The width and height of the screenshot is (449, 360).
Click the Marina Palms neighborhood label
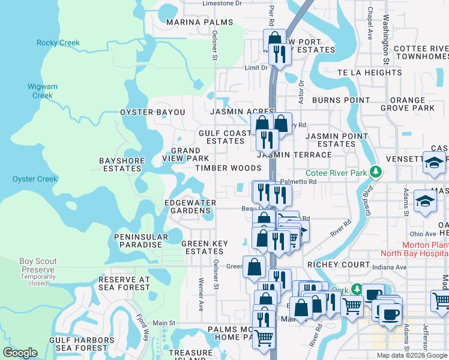point(191,22)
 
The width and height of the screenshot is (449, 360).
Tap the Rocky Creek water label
point(58,43)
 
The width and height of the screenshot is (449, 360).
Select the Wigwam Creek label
point(43,91)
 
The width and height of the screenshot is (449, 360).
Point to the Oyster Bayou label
point(152,112)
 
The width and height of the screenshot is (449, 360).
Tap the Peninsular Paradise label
point(138,241)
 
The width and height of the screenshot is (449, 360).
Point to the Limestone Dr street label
point(222,3)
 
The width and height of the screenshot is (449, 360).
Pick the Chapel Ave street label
point(370,21)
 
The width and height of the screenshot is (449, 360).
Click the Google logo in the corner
point(20,353)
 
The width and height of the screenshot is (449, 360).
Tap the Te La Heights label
point(369,73)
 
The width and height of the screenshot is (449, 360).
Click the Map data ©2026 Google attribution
point(412,355)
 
